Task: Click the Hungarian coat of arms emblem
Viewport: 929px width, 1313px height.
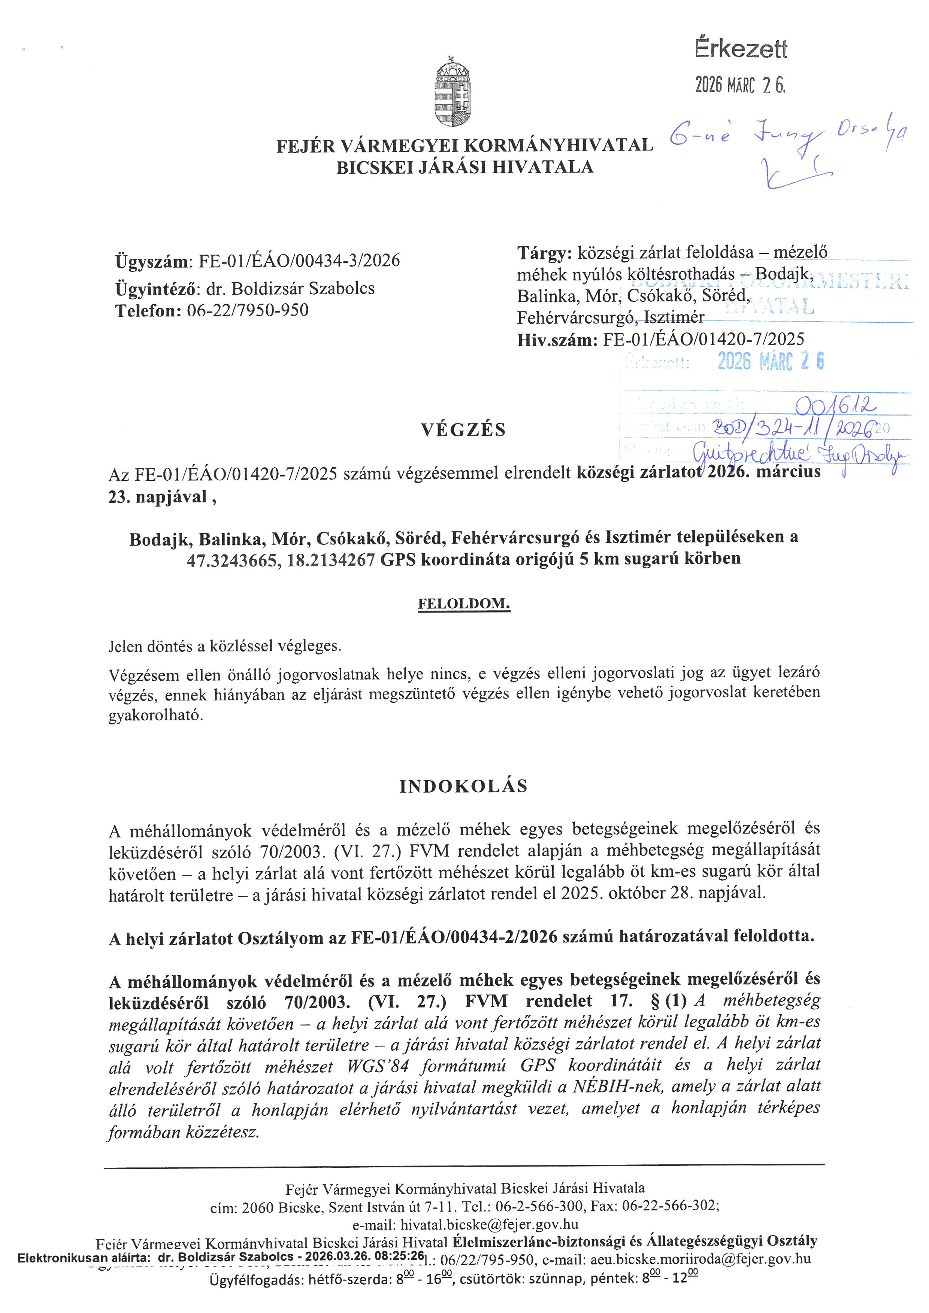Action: [453, 91]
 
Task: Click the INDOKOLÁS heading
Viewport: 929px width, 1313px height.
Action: [463, 786]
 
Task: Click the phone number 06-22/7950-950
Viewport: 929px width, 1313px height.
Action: [248, 310]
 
